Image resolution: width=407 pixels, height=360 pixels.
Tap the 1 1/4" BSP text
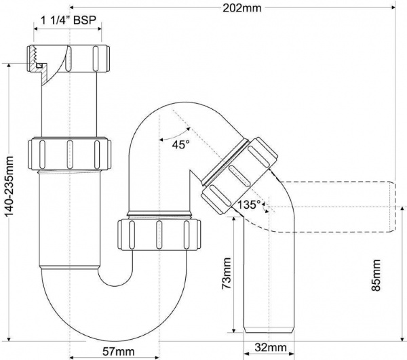(x=68, y=21)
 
